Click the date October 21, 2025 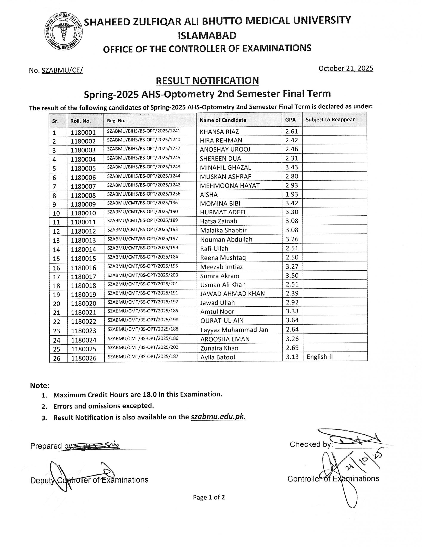[346, 68]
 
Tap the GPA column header [290, 120]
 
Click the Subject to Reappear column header [330, 120]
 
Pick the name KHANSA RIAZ [219, 132]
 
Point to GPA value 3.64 [292, 320]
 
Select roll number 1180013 [83, 240]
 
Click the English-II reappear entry [320, 357]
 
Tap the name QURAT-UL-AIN [222, 320]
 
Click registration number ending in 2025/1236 [144, 194]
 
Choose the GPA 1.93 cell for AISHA [292, 194]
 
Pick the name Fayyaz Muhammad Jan [234, 330]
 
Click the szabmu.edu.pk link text [218, 417]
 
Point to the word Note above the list [40, 386]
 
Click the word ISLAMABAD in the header [207, 35]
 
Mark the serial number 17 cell [56, 277]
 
